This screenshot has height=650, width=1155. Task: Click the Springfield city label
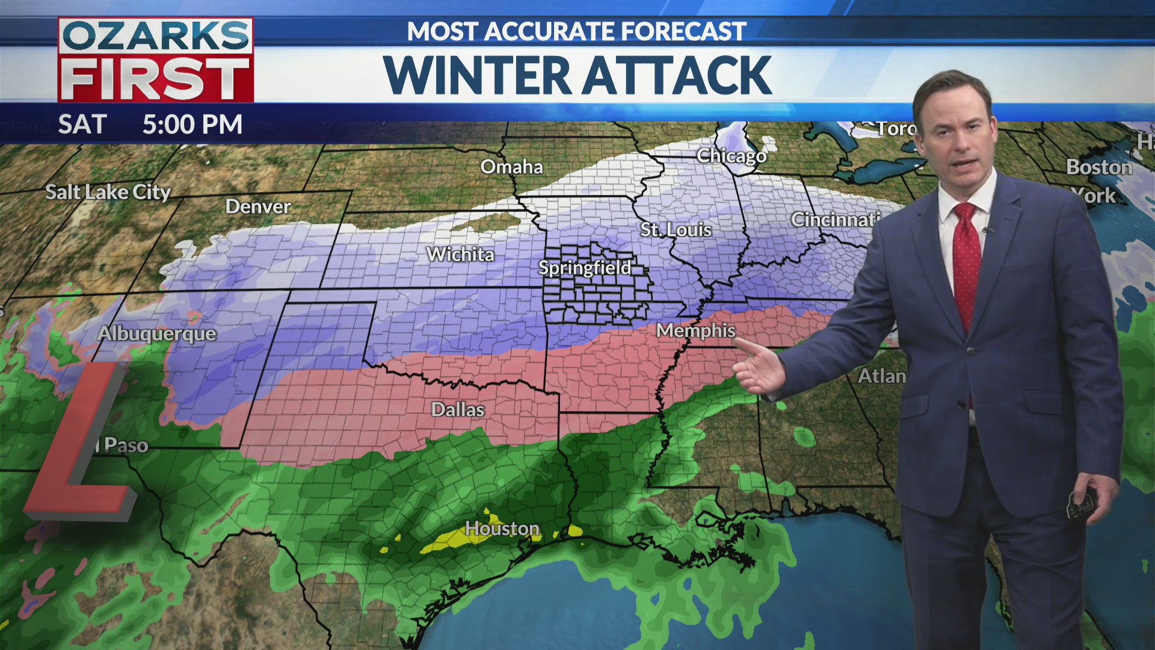click(x=585, y=268)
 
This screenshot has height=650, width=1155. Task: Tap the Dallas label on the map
click(x=458, y=410)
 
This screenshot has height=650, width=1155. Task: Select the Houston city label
click(x=502, y=528)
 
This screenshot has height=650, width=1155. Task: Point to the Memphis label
click(x=696, y=330)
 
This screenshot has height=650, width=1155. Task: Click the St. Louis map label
click(x=676, y=230)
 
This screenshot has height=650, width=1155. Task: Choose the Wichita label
click(x=460, y=255)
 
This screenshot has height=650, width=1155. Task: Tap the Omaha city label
click(x=511, y=167)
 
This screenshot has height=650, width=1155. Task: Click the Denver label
click(x=258, y=207)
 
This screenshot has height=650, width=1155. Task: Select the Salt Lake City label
click(x=108, y=192)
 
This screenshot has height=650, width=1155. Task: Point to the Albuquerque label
click(x=157, y=333)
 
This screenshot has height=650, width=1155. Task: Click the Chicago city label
click(x=731, y=156)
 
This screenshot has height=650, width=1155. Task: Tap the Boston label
click(x=1098, y=167)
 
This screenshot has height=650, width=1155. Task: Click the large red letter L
click(x=78, y=445)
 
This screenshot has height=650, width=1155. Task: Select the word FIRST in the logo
click(x=156, y=79)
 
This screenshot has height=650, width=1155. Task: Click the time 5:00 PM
click(x=192, y=125)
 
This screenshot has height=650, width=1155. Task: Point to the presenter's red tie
click(x=966, y=259)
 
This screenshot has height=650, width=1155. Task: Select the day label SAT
click(x=82, y=125)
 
